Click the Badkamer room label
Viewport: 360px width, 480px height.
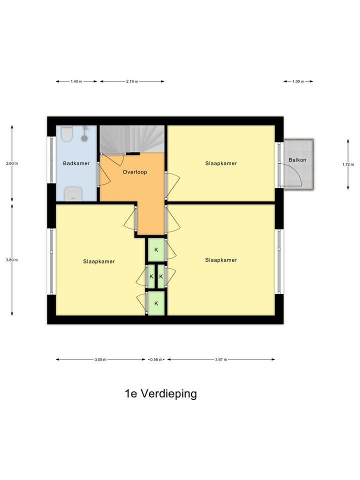[75, 163]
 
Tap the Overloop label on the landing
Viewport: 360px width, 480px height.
[135, 172]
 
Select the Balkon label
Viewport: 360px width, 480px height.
[297, 160]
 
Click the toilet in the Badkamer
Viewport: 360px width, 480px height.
[67, 134]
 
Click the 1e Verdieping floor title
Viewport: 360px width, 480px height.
[160, 393]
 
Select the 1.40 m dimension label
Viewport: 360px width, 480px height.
[76, 81]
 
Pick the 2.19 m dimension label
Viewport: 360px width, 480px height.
[132, 81]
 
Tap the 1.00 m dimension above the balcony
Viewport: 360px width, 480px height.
[298, 81]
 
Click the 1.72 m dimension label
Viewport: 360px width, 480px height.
[348, 164]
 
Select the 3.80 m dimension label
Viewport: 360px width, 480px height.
[12, 260]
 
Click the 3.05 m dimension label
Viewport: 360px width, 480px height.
[100, 359]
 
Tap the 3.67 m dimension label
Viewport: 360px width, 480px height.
[221, 359]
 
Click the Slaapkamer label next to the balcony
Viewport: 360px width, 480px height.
[220, 163]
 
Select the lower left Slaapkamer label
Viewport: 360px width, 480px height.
[99, 261]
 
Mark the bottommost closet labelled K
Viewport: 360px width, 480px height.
[156, 303]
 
